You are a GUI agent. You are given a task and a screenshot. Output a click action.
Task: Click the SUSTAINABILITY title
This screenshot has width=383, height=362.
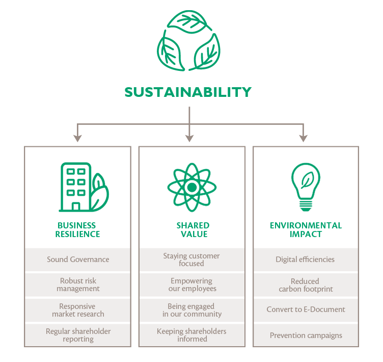coord(188,92)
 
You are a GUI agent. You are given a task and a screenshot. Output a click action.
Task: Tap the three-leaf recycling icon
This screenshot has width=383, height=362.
coord(188,41)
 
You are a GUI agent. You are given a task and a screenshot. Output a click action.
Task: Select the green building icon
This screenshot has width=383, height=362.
coord(84,187)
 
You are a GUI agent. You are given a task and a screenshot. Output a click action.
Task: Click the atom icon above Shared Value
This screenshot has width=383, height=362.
coord(191,187)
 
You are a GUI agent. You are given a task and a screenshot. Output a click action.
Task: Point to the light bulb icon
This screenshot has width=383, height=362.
coord(306,187)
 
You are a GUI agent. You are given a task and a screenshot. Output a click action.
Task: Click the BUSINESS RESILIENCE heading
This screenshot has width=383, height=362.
coord(78,229)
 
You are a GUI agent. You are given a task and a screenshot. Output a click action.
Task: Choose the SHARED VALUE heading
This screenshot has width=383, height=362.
coord(193,229)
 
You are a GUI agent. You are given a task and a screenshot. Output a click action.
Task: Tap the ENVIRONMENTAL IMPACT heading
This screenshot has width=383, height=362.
coord(306,229)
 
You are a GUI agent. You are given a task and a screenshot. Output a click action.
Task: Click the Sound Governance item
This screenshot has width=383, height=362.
coord(78,260)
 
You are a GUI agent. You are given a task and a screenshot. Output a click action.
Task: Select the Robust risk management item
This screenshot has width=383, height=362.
coord(78,285)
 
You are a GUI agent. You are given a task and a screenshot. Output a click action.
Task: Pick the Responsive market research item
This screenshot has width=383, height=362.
coord(78,310)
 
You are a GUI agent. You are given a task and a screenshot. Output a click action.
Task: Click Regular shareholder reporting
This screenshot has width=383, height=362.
coord(78,335)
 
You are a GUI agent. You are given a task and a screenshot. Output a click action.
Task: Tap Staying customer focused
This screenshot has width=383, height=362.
coord(191,260)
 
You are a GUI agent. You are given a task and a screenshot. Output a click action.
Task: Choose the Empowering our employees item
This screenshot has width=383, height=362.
coord(192,285)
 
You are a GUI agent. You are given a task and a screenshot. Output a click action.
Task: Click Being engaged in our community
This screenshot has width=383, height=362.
coord(192,310)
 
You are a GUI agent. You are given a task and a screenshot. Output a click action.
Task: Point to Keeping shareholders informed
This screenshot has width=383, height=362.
coord(191,335)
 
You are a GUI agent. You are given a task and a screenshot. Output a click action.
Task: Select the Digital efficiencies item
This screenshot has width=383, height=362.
coord(305,260)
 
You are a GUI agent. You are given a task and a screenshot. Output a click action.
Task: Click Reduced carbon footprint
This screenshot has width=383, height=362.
coord(306,285)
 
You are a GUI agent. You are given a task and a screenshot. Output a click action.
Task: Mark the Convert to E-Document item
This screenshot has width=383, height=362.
coord(306,309)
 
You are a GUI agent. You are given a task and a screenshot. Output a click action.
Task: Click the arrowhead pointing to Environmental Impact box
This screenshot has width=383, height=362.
coord(304,138)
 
